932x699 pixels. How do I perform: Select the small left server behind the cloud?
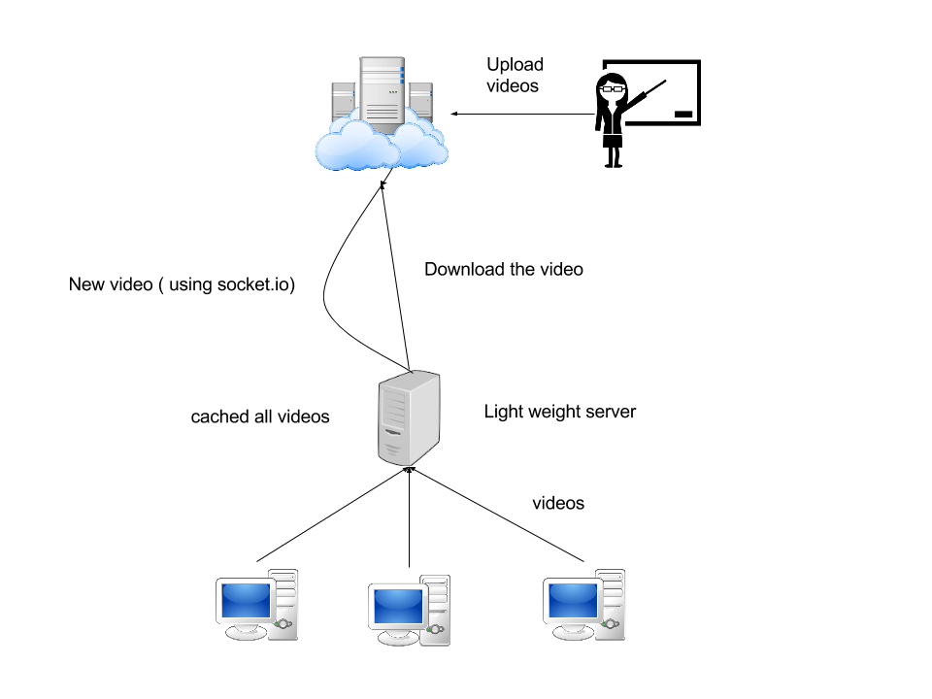(x=342, y=101)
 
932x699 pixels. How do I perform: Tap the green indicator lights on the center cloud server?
(x=393, y=92)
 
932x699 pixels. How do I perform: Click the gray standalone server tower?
(x=409, y=418)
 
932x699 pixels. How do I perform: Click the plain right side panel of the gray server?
(x=426, y=417)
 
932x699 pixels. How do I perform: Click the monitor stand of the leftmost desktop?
(x=245, y=632)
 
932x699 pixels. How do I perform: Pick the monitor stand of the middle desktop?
(x=397, y=638)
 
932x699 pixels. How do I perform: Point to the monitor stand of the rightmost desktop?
(x=572, y=632)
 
